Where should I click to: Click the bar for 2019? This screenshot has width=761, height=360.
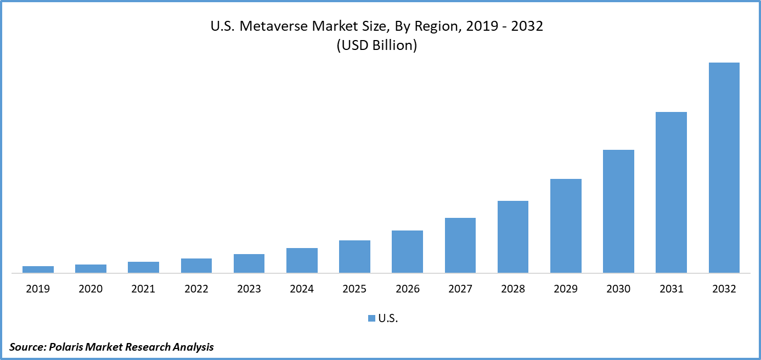click(38, 269)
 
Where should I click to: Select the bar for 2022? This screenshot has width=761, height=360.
click(196, 266)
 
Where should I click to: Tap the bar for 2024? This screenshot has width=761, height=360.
click(302, 260)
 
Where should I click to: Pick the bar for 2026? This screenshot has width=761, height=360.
click(407, 251)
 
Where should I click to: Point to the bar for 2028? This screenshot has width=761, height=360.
click(513, 237)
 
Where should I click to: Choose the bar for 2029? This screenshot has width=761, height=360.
click(566, 226)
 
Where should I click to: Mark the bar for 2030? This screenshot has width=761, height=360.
click(618, 211)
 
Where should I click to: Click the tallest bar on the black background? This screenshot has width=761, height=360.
click(724, 167)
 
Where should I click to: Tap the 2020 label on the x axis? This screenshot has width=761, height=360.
click(91, 289)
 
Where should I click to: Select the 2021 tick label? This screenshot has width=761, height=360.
click(143, 289)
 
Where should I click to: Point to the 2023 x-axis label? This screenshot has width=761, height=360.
click(249, 289)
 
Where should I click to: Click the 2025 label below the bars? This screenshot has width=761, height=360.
click(354, 289)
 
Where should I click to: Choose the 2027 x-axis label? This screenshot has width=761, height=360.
click(460, 289)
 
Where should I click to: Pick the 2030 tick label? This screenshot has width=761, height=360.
click(618, 289)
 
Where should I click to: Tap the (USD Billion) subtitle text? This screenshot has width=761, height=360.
click(376, 46)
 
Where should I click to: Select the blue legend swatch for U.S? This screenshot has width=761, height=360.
click(371, 318)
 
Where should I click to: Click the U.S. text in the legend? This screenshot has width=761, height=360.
click(388, 318)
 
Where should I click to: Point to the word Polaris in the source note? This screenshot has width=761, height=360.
click(68, 347)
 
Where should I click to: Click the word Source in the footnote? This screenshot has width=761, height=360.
click(27, 347)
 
